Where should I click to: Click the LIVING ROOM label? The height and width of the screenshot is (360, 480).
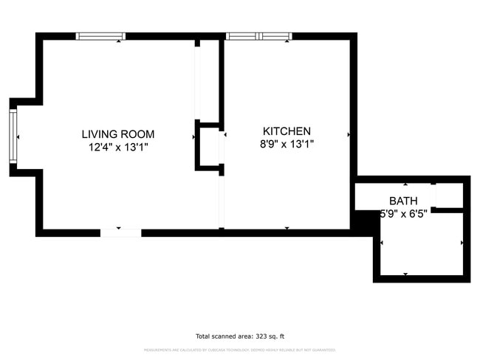[118, 134]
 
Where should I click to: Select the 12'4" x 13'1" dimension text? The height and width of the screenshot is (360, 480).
[118, 146]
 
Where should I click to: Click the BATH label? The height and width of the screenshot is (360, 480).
[403, 201]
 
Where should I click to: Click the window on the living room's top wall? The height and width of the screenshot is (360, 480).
[101, 35]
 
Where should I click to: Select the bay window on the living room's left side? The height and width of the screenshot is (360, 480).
[13, 136]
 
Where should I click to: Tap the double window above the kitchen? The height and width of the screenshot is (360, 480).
[258, 35]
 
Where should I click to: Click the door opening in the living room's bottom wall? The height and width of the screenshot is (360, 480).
[120, 232]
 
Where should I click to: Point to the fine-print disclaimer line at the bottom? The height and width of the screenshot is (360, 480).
[239, 350]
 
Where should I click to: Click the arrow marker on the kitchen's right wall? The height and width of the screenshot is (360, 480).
[348, 135]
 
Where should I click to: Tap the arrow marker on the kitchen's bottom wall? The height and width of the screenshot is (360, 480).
[287, 227]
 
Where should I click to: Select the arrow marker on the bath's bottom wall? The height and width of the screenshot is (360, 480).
[405, 274]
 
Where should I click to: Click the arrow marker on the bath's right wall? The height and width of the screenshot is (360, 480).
[462, 242]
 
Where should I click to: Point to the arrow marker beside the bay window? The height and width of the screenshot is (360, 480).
[18, 136]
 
